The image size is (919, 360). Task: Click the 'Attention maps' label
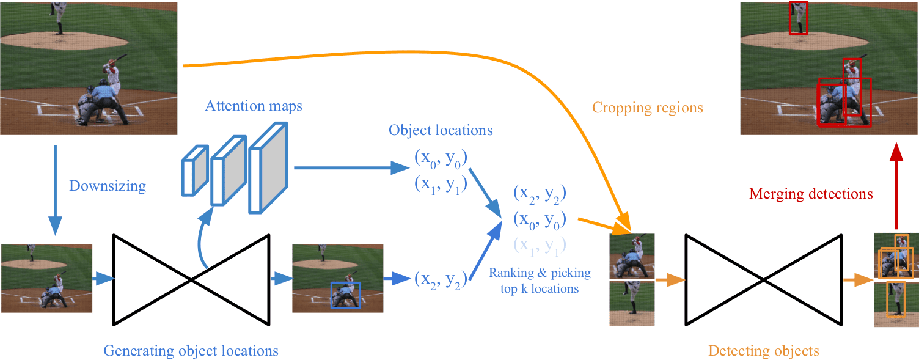coord(254,106)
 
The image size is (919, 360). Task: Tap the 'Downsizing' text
coord(108,186)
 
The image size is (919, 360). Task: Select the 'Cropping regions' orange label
coord(647,108)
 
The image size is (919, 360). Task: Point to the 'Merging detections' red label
coord(811,194)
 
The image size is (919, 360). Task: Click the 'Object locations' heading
coord(441,130)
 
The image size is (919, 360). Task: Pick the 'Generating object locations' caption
coord(191,351)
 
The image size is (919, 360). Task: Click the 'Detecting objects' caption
coord(763,351)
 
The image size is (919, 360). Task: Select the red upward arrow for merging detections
coord(896,183)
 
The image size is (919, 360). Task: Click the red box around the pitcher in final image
coord(797,18)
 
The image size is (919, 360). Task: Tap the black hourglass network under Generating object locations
coord(192,279)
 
